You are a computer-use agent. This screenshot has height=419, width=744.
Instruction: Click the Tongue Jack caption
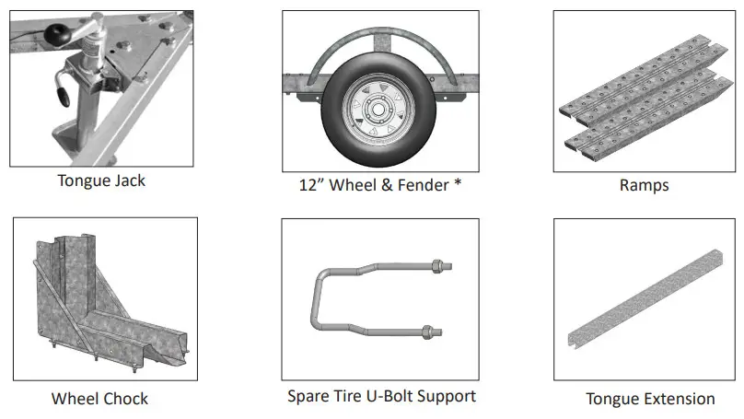[x=101, y=180]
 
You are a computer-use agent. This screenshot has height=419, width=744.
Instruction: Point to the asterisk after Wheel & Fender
[x=457, y=185]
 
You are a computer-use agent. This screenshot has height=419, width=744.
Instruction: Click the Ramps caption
[x=644, y=185]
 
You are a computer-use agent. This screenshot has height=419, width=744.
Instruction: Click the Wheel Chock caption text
[x=99, y=399]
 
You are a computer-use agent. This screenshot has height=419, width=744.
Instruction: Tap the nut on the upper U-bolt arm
[x=436, y=270]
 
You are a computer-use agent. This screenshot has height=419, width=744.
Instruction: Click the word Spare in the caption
[x=309, y=396]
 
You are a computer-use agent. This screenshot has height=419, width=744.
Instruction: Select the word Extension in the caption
[x=678, y=399]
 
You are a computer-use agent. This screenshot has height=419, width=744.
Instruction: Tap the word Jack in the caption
[x=127, y=180]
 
